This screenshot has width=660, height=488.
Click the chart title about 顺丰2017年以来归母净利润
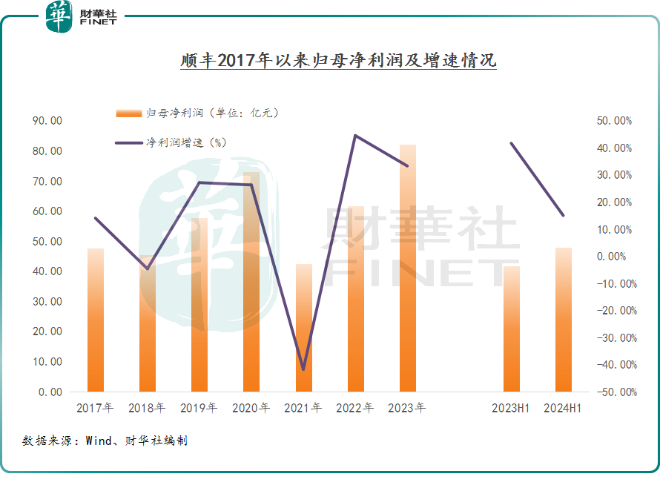338,60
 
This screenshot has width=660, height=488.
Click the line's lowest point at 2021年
303,369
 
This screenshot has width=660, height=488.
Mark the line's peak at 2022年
355,136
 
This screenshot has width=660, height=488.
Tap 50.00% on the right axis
614,121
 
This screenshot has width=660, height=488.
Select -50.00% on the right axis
613,392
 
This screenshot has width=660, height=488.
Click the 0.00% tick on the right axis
616,257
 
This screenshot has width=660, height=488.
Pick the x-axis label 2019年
199,408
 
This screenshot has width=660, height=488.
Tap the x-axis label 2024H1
563,408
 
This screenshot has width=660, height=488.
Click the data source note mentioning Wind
105,441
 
